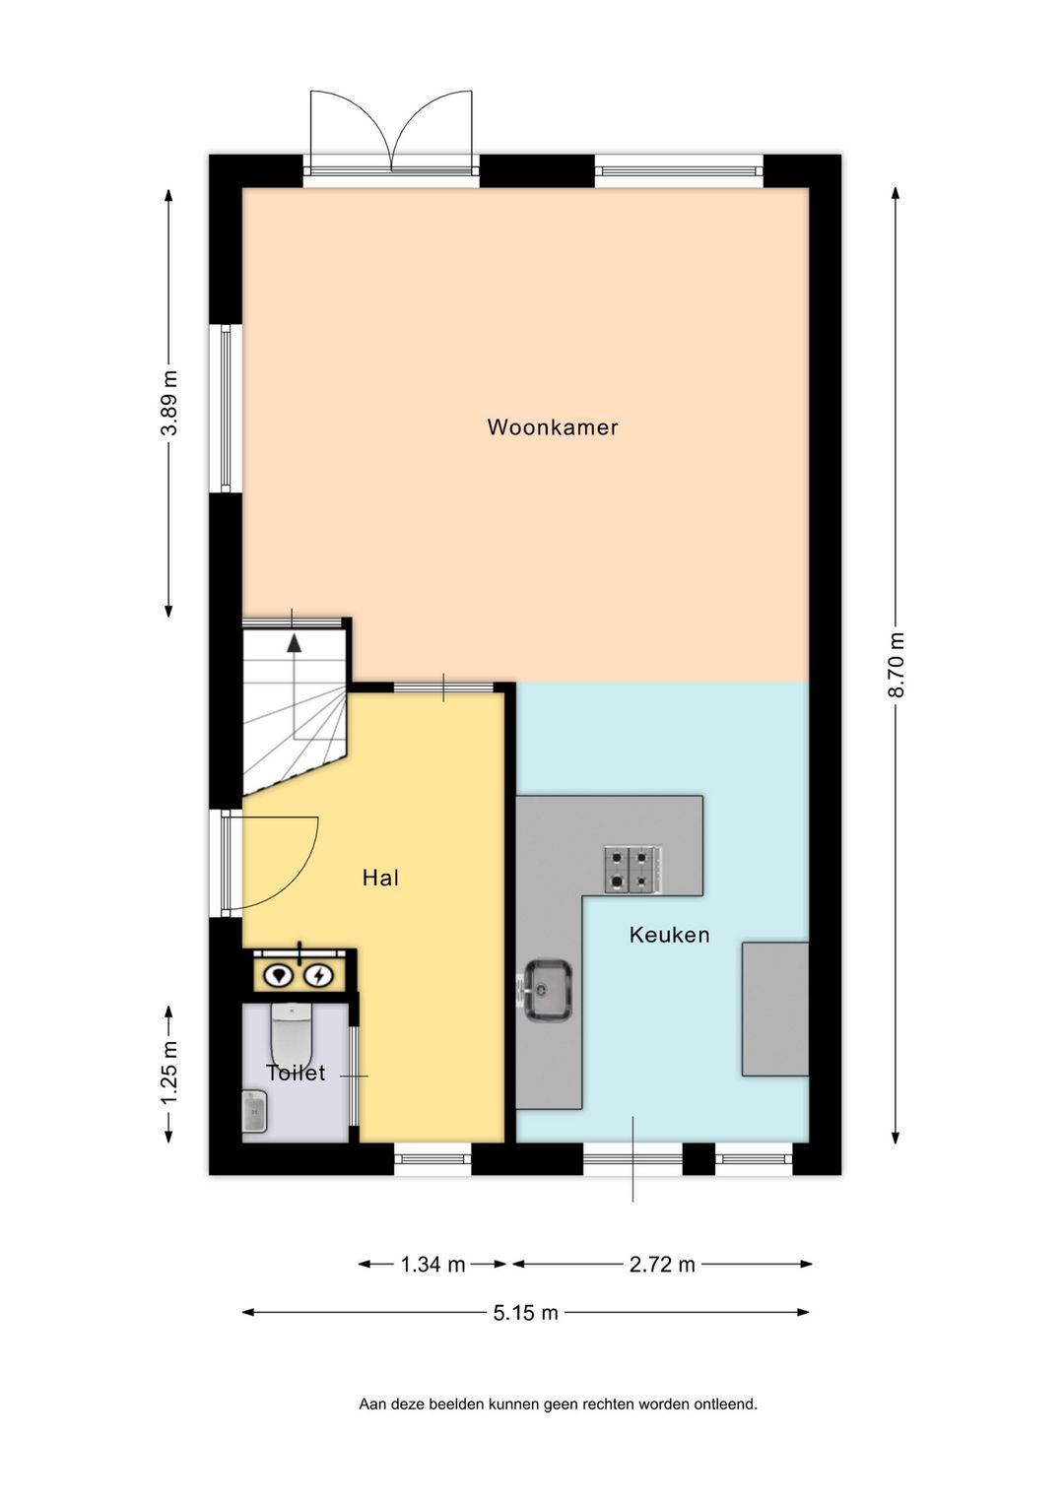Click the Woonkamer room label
[x=553, y=427]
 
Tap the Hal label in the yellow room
[x=380, y=878]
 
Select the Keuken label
[x=669, y=935]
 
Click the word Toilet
[x=296, y=1073]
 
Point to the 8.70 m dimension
[x=897, y=665]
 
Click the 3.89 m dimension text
[x=169, y=403]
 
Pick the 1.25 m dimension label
[x=169, y=1072]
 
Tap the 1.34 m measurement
[x=432, y=1265]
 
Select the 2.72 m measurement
[x=662, y=1265]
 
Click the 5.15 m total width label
[x=526, y=1313]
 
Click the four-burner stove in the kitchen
[x=633, y=870]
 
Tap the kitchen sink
[x=546, y=991]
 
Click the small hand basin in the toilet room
[x=254, y=1112]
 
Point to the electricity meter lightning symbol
[x=319, y=975]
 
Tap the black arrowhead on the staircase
[x=294, y=643]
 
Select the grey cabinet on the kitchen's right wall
[x=774, y=1009]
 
